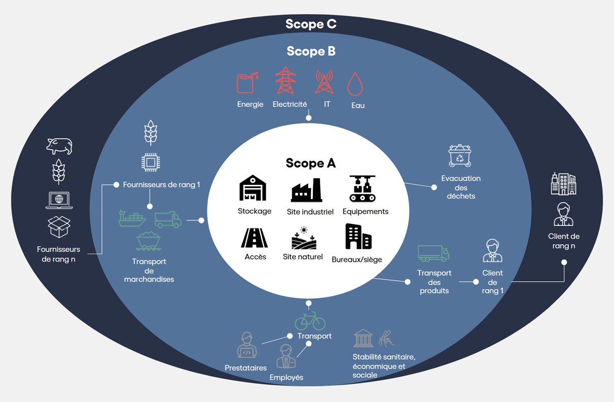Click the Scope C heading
point(311,24)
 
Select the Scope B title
point(311,51)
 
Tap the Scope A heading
point(311,163)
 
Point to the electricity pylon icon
point(285,81)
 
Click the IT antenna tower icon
point(324,82)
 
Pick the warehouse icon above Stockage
point(253,188)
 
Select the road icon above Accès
point(255,238)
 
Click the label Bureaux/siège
point(357,259)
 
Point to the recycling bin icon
point(460,156)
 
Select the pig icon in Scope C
point(59,146)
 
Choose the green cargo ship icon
point(132,218)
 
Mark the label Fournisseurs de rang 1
point(161,185)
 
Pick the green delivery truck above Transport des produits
point(433,253)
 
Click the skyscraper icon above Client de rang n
point(563,184)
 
